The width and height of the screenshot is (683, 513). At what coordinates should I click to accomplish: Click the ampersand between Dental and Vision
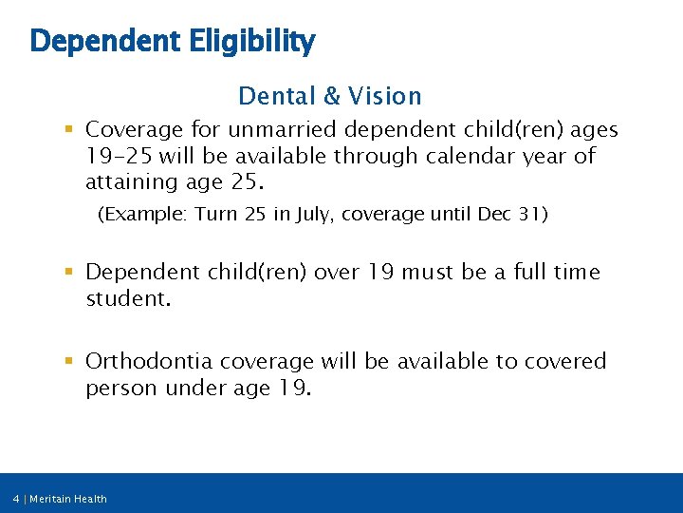330,96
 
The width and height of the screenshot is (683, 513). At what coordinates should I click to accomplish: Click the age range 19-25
121,156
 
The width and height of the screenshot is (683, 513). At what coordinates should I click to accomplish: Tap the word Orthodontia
149,361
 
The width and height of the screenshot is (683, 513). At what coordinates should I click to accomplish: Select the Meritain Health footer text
68,499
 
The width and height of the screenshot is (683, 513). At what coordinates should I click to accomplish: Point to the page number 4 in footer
16,499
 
